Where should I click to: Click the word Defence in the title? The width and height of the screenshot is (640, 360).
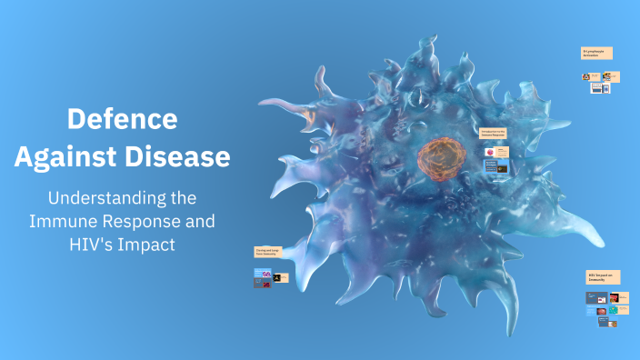coord(123,119)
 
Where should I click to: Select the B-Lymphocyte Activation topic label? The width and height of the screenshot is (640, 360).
coord(596,54)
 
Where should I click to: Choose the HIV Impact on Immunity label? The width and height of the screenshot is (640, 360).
coord(603,276)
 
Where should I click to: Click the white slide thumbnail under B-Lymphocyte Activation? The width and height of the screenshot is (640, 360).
coord(597,88)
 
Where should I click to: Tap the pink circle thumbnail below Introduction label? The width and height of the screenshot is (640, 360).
coord(490,150)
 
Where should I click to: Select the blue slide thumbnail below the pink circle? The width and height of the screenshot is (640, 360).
coord(491,166)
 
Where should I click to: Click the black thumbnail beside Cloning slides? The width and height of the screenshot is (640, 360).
coord(283,277)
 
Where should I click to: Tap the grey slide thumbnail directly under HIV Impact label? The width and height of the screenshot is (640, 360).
coord(595,296)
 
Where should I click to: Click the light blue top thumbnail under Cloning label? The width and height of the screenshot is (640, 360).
coord(263,272)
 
